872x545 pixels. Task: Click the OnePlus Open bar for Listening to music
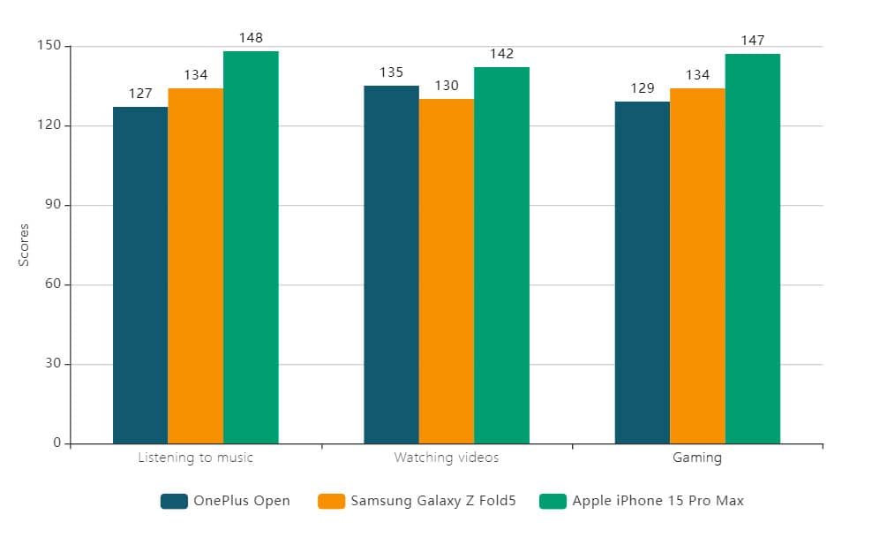(140, 276)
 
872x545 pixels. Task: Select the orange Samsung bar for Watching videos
(447, 271)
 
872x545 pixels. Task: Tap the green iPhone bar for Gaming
(753, 249)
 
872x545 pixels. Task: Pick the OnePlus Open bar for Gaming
(643, 273)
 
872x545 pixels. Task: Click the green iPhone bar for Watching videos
(501, 255)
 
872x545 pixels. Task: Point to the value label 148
(252, 38)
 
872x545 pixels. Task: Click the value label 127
(140, 94)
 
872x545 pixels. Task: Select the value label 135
(391, 72)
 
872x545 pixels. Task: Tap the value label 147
(753, 41)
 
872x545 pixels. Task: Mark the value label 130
(447, 86)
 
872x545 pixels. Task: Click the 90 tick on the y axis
(52, 205)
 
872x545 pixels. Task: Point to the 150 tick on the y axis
(49, 46)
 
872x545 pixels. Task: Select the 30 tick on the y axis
(52, 364)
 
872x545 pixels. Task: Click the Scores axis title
(25, 245)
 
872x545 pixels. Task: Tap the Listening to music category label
(196, 458)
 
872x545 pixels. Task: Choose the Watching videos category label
(447, 458)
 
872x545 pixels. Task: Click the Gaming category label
(697, 458)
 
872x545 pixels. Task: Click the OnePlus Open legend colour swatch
(174, 502)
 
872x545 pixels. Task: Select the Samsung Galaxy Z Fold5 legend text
(432, 502)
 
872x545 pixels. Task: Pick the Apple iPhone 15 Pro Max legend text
(658, 502)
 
